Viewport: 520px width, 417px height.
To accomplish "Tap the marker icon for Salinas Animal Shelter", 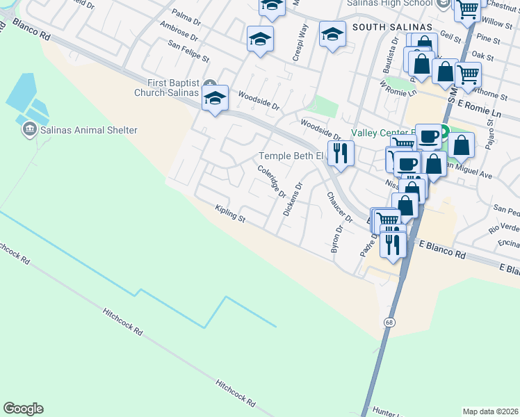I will point(29,129).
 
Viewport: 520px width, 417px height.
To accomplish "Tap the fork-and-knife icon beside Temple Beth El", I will point(340,153).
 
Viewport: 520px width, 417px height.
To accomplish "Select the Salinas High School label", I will point(390,3).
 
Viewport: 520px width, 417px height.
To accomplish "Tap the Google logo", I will point(23,409).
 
